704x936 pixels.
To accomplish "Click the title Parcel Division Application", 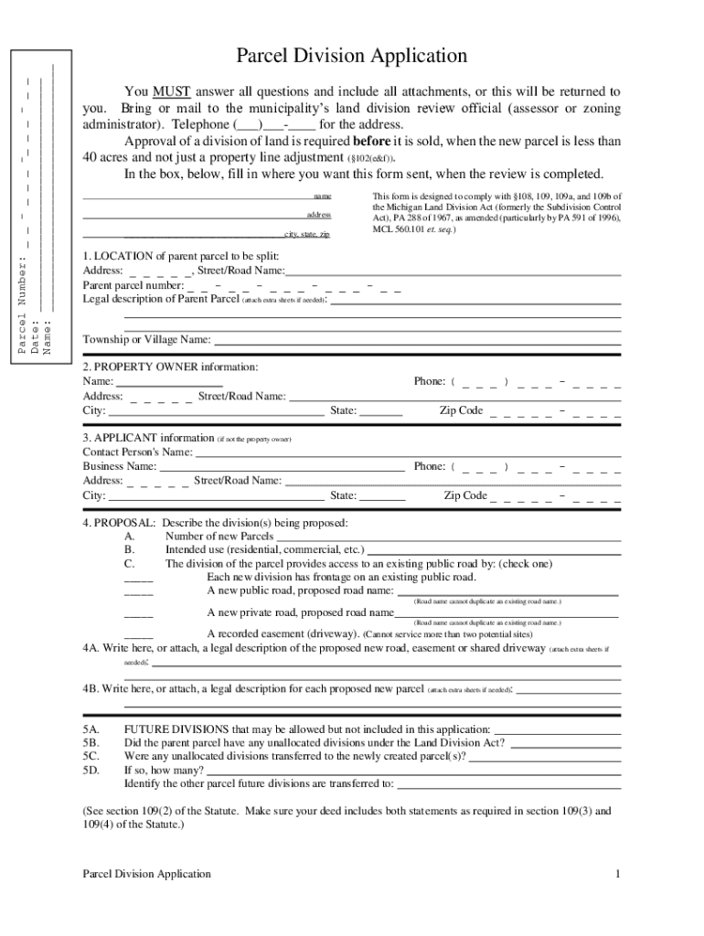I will pos(352,57).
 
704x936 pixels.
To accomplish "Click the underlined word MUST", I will pos(171,92).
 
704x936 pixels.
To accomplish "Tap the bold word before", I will pos(371,142).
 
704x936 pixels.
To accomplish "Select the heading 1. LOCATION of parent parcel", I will pos(180,256).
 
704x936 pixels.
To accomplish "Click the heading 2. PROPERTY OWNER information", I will pos(170,367).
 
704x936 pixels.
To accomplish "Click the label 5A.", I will pos(91,729).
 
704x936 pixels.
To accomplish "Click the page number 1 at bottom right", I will pos(618,874).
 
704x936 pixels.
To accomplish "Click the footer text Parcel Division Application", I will pos(146,874).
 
